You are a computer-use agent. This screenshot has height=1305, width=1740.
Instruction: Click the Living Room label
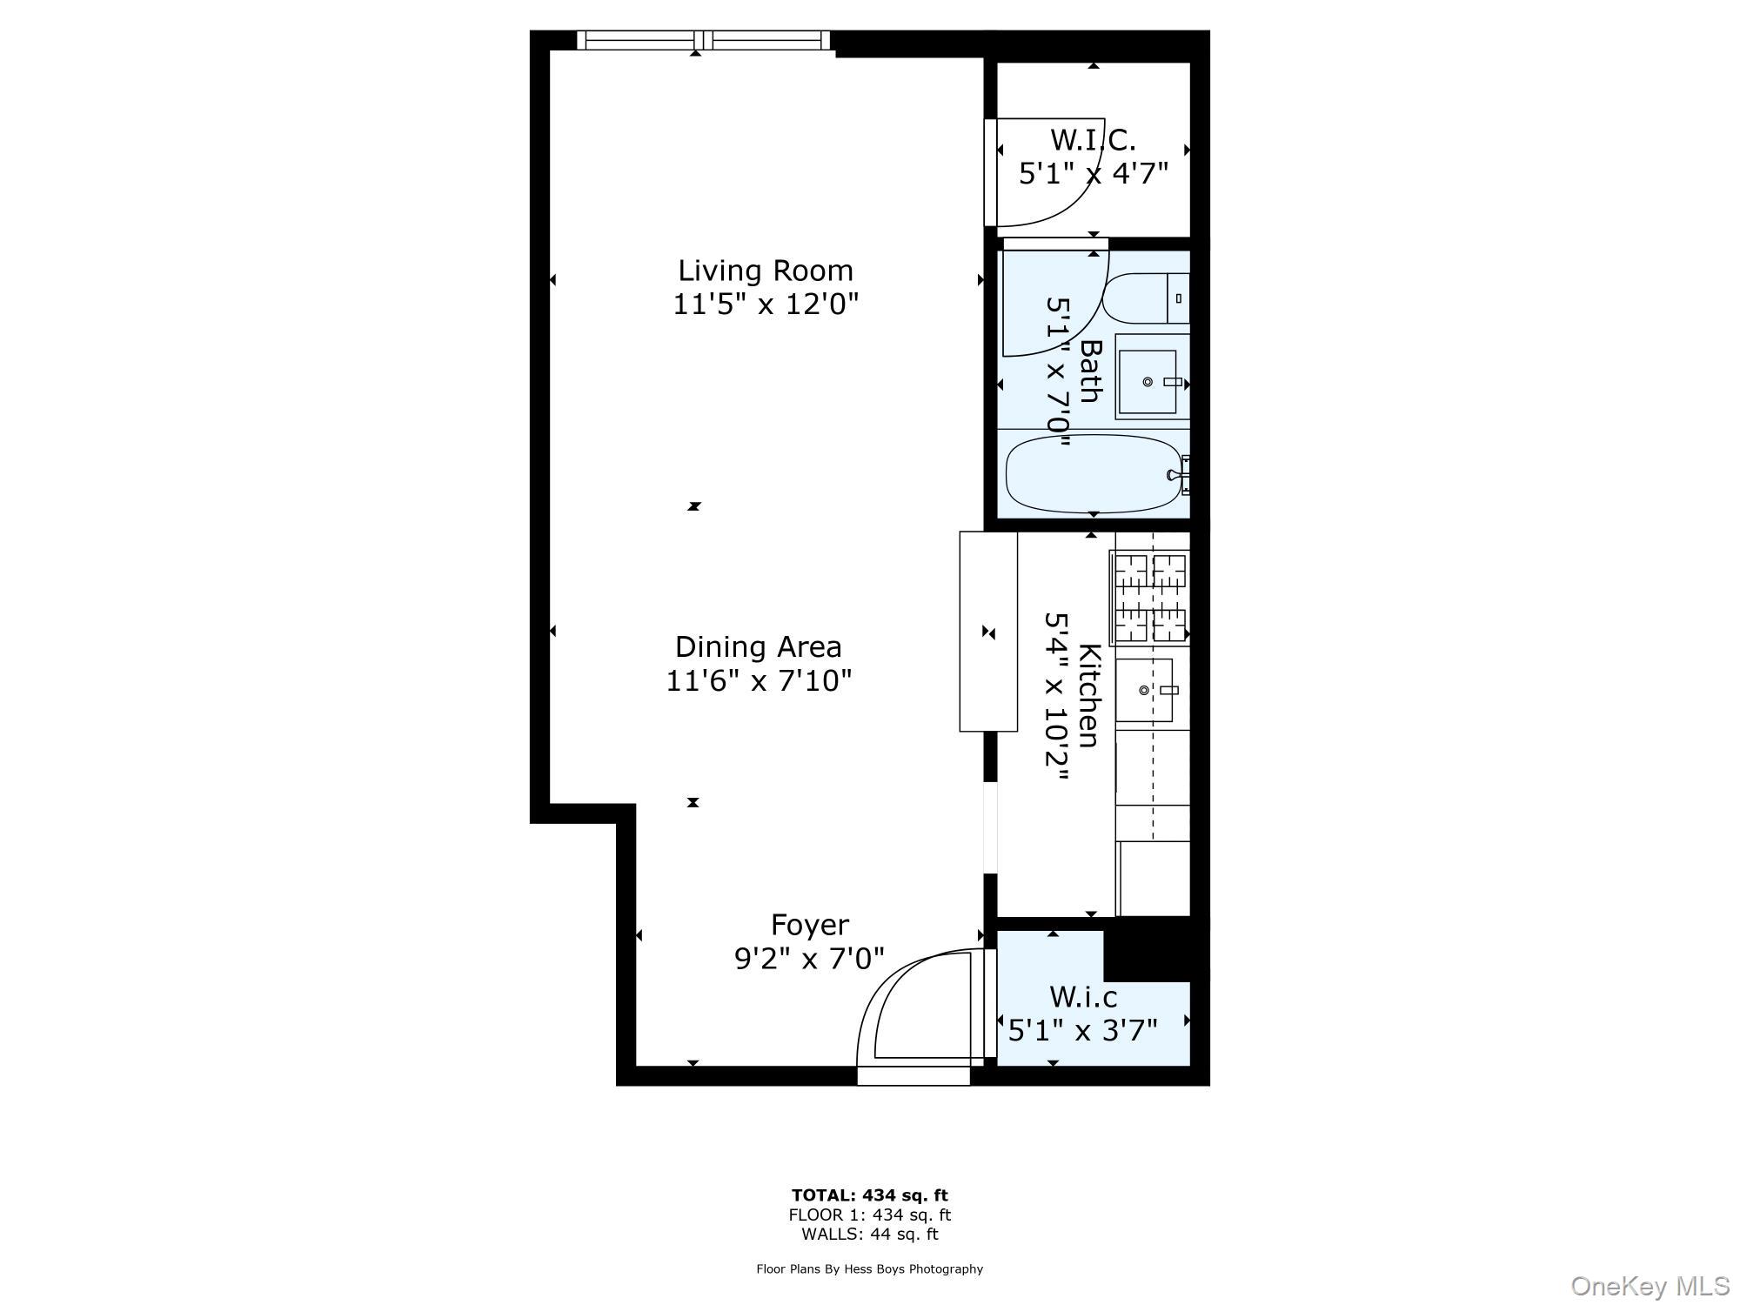(766, 271)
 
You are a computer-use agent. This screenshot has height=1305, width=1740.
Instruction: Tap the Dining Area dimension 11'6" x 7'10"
(759, 680)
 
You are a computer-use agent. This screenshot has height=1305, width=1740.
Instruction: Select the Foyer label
(810, 924)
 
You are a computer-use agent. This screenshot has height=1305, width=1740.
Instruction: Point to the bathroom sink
(1148, 382)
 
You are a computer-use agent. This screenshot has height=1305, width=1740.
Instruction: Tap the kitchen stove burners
(1150, 598)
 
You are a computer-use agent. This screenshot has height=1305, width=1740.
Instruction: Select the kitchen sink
(1144, 691)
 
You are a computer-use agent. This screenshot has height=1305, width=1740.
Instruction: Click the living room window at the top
(704, 40)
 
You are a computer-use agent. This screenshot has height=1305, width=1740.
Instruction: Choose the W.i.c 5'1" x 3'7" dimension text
(1083, 1031)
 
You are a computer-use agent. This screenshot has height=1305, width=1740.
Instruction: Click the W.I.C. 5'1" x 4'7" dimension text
(1093, 173)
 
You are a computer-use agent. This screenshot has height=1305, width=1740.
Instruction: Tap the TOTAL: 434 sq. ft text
(869, 1195)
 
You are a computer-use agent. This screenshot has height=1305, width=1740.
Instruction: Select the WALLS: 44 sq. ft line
(869, 1234)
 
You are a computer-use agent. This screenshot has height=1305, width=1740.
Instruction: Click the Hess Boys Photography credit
(869, 1269)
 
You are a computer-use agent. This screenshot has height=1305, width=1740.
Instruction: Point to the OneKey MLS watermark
(1650, 1286)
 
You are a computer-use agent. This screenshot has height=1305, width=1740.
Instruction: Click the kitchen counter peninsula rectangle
(988, 632)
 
